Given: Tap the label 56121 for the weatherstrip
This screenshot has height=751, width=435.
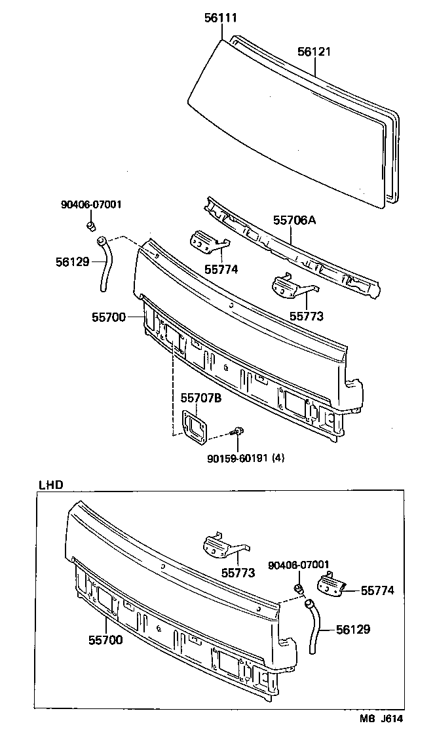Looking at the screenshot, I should point(315,51).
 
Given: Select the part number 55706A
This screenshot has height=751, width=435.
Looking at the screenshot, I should point(294,220).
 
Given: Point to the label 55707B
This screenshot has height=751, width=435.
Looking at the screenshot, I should point(201,398).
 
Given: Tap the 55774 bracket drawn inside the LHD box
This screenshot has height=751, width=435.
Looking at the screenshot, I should point(332,585).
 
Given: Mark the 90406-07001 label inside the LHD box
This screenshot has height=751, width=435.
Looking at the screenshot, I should point(298,565).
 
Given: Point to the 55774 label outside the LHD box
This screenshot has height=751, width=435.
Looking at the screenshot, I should point(221,268).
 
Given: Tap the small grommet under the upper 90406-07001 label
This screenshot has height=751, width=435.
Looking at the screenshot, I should point(92,226).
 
